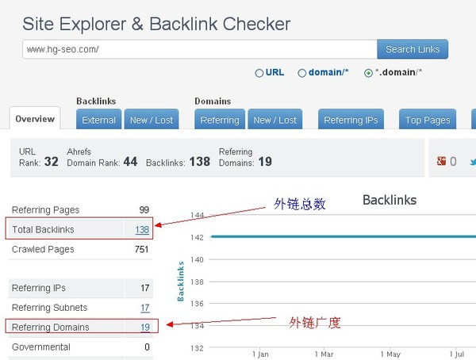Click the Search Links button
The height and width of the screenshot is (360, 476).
pos(413,49)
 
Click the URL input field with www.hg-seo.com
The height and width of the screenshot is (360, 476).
pos(200,49)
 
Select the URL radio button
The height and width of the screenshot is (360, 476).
pos(259,73)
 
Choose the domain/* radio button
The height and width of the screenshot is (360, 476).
pos(301,73)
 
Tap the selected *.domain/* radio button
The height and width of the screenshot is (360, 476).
pos(368,73)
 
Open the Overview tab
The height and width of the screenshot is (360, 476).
pos(35,118)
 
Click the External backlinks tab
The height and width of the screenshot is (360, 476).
pos(98,120)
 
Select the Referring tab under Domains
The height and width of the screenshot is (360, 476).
pos(220,120)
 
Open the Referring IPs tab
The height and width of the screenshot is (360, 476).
pos(351,120)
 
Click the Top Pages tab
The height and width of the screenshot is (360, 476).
pos(428,120)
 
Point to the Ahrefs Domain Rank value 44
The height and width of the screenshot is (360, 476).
pos(130,162)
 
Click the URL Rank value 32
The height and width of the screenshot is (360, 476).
pos(51,162)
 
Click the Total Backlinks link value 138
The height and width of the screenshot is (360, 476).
pos(142,229)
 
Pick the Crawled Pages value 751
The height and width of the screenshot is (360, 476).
pos(141,249)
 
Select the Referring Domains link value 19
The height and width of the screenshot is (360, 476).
pos(145,327)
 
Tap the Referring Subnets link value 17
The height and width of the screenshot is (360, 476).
pos(145,308)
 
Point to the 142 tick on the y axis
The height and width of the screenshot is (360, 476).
pos(197,237)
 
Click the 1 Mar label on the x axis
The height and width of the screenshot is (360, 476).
pos(324,354)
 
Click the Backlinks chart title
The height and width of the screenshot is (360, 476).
pos(390,200)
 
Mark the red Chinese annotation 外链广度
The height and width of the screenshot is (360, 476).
pos(315,323)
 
